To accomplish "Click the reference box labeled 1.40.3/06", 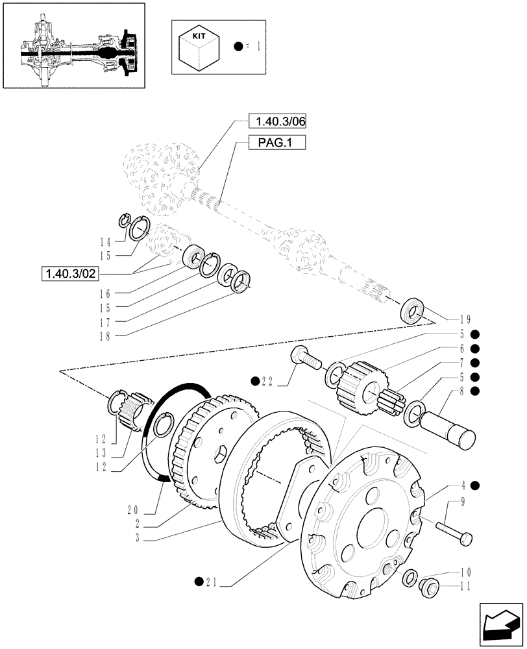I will click(x=276, y=121).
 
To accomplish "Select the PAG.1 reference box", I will click(x=276, y=143).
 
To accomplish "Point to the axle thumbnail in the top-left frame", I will click(x=73, y=45).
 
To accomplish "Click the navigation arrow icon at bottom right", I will click(x=500, y=624).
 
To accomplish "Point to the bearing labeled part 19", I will click(x=413, y=309).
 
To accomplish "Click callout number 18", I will click(x=109, y=336).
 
